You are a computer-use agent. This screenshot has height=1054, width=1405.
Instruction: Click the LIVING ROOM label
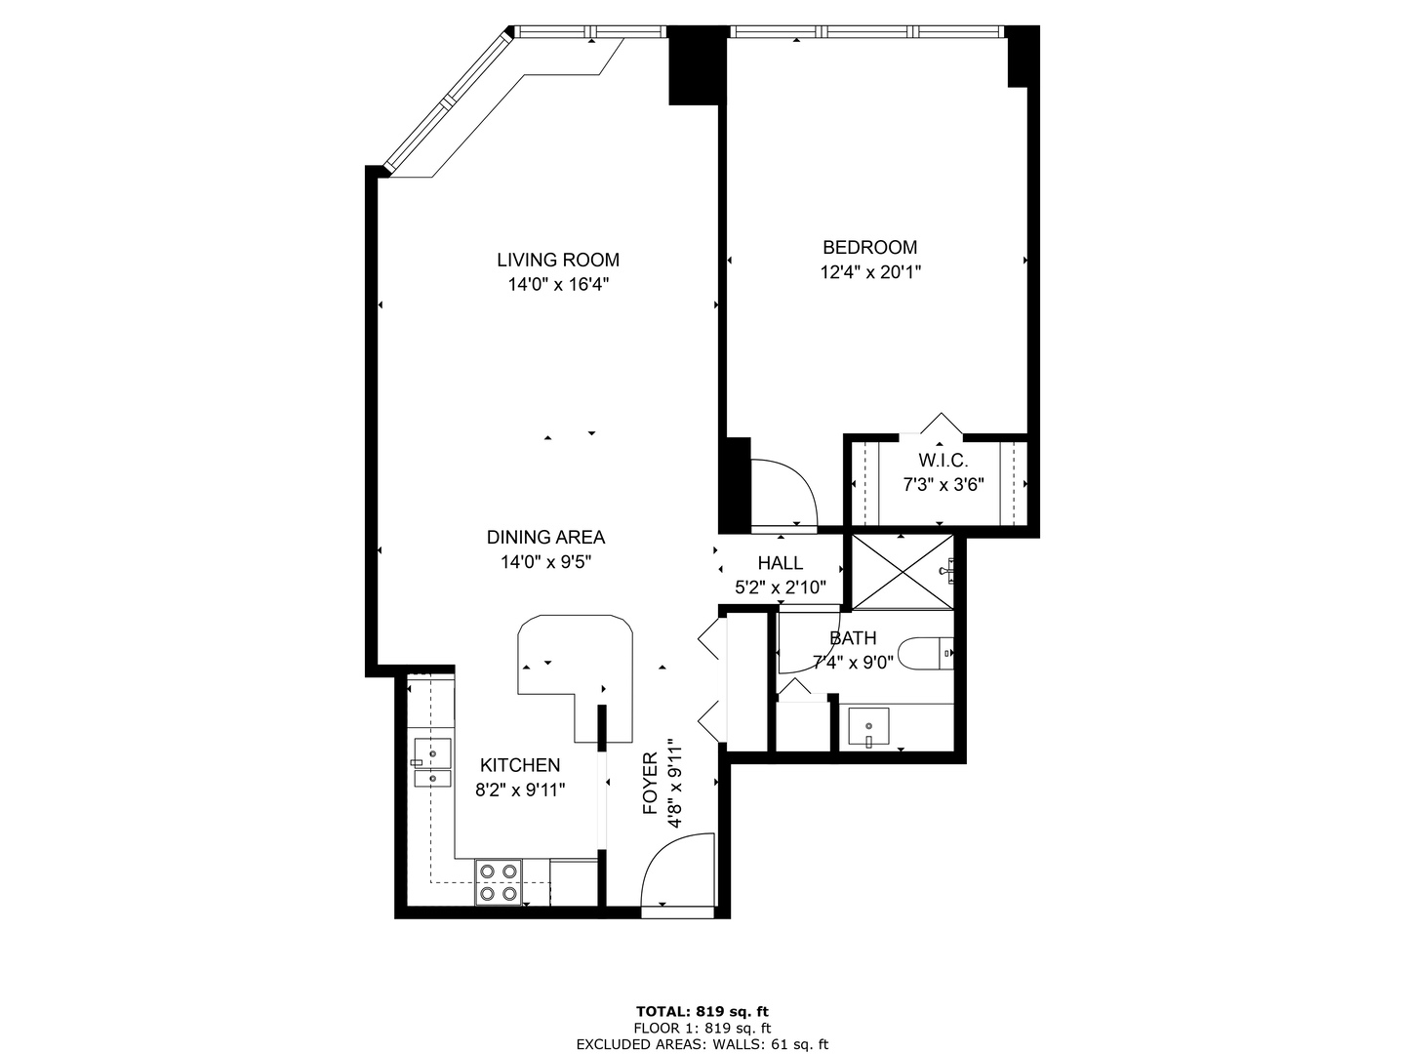click(557, 260)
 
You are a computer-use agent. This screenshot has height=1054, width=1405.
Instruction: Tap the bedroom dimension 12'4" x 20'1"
click(870, 272)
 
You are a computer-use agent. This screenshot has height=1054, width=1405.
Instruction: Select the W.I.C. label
click(943, 461)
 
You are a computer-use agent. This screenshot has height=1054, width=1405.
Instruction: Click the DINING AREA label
click(545, 537)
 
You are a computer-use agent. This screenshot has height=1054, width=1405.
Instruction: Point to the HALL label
click(781, 563)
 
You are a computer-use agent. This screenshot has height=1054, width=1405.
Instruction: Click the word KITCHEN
click(519, 765)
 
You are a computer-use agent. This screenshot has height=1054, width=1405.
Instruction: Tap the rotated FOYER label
click(651, 784)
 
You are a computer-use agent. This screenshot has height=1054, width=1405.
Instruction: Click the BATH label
click(853, 638)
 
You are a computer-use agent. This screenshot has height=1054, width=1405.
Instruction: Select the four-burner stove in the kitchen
click(498, 881)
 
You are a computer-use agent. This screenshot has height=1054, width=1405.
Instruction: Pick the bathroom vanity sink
click(868, 727)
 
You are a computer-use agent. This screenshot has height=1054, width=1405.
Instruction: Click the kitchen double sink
click(431, 763)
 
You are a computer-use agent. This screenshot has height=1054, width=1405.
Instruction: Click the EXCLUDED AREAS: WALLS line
click(702, 1044)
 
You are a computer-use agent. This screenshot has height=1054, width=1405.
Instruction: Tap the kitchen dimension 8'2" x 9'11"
click(520, 790)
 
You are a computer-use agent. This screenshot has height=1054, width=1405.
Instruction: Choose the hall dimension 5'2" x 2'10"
click(781, 588)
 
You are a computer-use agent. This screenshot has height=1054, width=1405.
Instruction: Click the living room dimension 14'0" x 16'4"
click(557, 285)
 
